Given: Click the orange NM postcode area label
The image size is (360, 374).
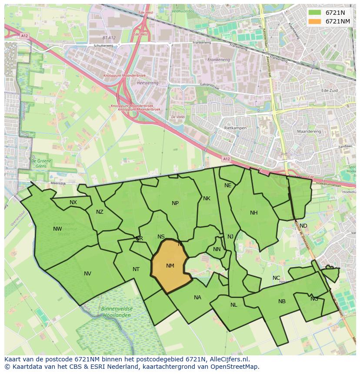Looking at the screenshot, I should (x=170, y=266).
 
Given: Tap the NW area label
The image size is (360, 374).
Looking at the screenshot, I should (x=57, y=229).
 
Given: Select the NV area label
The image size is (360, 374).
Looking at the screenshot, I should (x=87, y=274).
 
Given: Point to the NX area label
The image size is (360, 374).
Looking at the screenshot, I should (x=73, y=202).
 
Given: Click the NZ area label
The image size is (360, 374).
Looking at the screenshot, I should (x=100, y=212).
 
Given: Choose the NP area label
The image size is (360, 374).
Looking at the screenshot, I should (x=175, y=203).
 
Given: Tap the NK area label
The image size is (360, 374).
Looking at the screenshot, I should (x=207, y=199).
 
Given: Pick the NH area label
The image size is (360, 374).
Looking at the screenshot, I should (x=254, y=213).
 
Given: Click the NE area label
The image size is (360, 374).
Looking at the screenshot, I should (x=228, y=185).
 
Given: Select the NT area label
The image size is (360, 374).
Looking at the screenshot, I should (x=136, y=269).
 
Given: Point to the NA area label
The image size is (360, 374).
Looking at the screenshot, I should (x=197, y=298).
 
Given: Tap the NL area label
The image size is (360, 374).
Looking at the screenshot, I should (x=234, y=305).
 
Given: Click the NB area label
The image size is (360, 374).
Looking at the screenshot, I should (x=282, y=301).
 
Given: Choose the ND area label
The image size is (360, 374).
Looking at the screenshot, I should (x=303, y=226).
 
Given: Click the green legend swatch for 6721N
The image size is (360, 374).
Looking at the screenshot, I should (x=315, y=13).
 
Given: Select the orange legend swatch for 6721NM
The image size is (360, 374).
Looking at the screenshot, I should (x=315, y=21).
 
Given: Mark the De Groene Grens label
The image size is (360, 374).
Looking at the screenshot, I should (x=39, y=163).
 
